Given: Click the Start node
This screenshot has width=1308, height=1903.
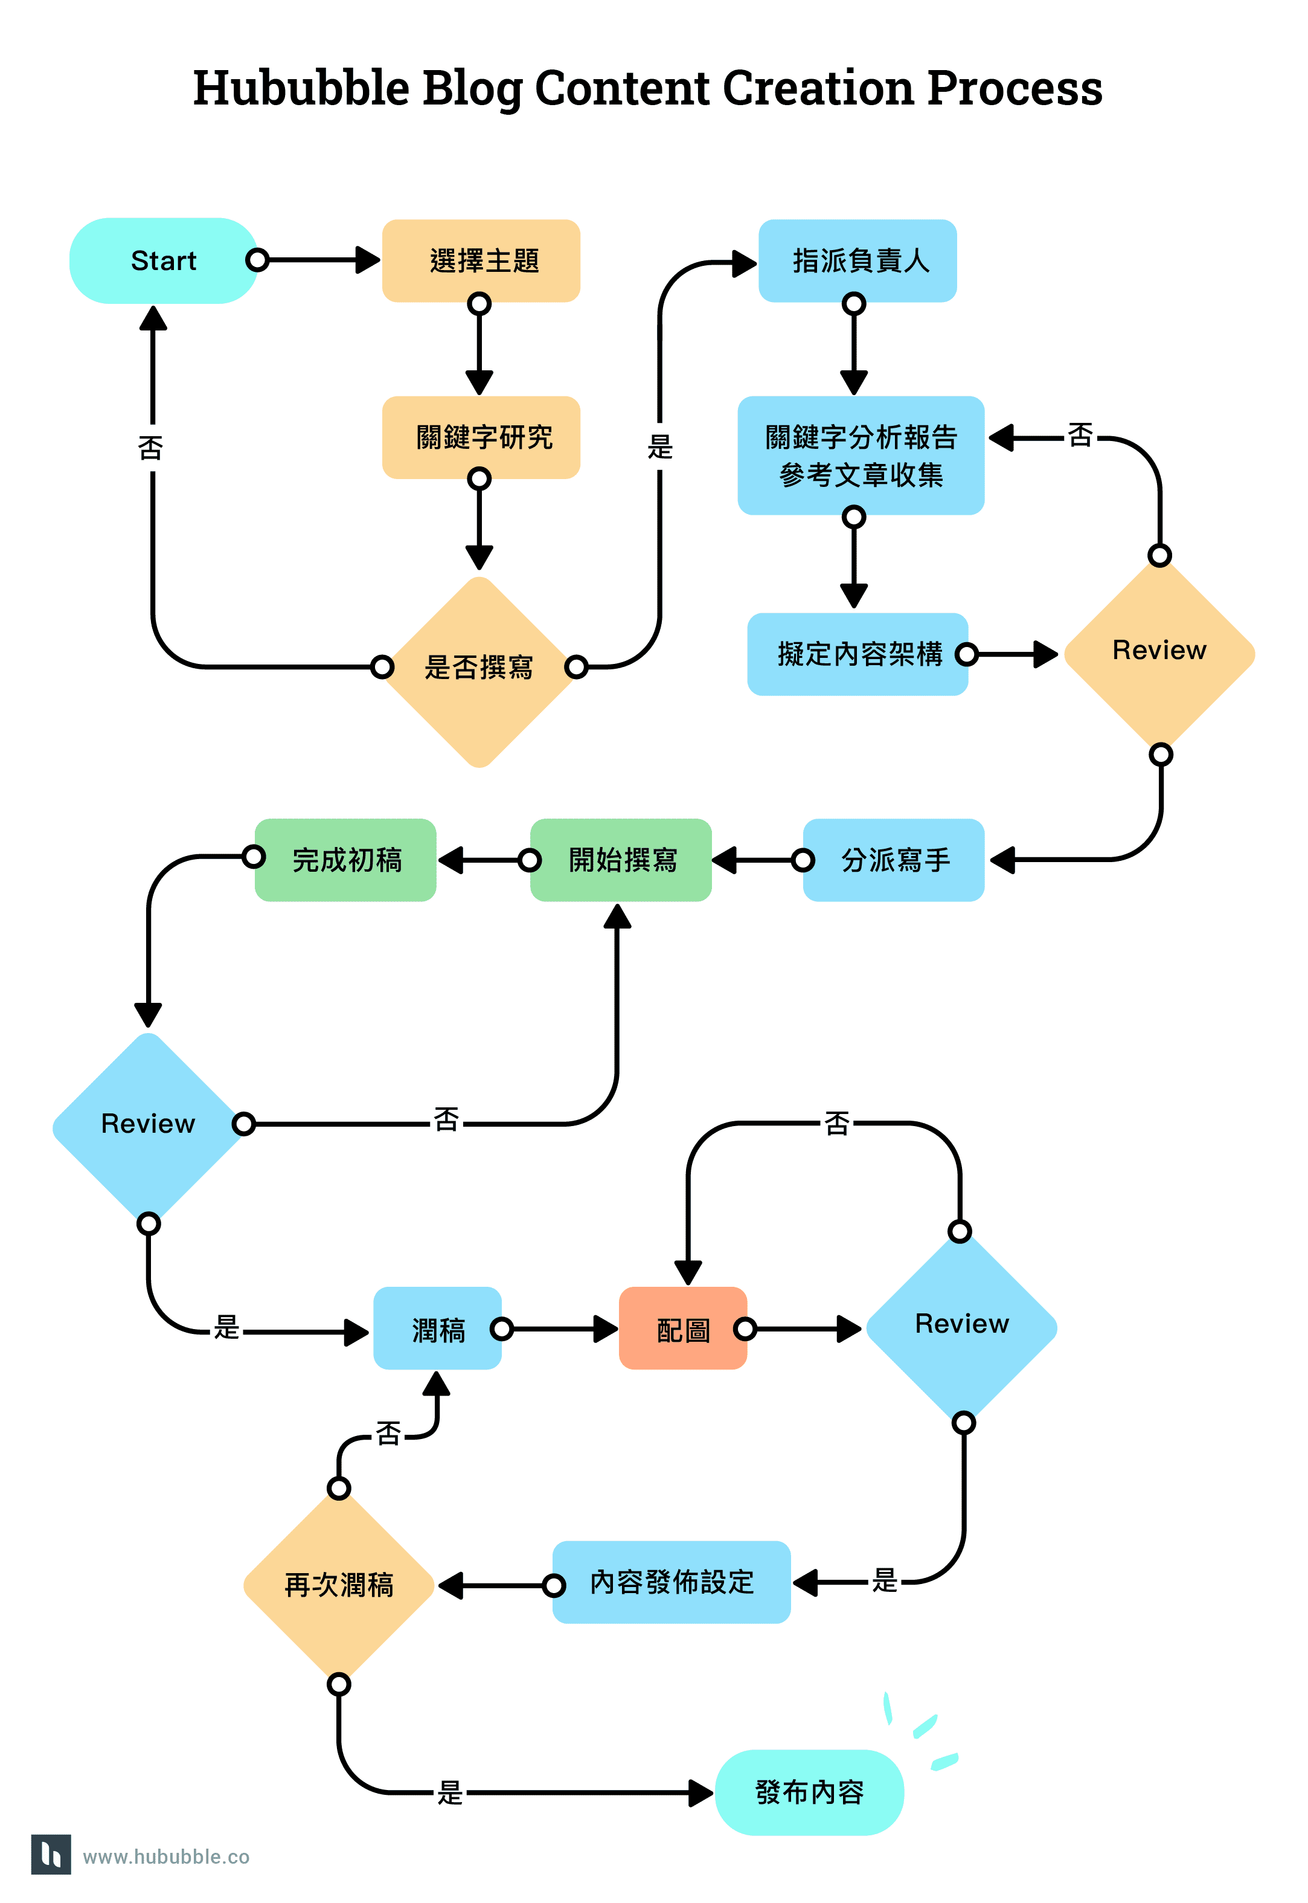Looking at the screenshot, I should click(163, 261).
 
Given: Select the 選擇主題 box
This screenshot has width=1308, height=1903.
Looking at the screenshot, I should click(481, 261).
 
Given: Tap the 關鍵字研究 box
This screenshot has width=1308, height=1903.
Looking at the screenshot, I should click(481, 437).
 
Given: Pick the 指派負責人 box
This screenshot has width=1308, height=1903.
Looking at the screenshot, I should click(858, 261).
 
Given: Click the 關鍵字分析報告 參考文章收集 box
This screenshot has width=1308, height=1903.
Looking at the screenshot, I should click(860, 456).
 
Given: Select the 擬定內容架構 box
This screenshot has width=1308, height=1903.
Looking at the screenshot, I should click(858, 654).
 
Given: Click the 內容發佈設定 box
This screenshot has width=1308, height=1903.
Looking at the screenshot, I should click(672, 1582).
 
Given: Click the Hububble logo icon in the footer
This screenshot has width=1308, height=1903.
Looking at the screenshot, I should click(51, 1854).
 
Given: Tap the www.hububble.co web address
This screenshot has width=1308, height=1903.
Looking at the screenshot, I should click(167, 1856).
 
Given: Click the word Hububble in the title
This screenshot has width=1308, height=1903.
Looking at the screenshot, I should click(300, 89).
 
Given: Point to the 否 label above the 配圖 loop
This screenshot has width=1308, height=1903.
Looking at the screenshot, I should click(837, 1123).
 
